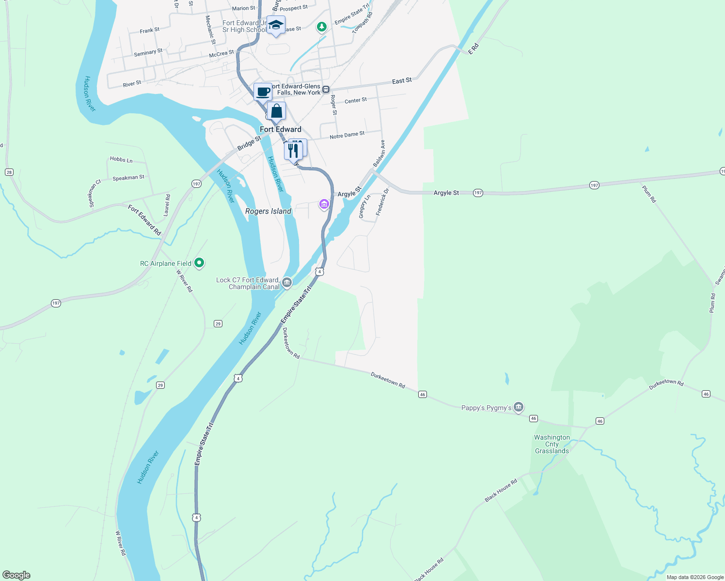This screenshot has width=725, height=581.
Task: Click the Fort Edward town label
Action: click(x=281, y=129)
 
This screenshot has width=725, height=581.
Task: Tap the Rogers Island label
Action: click(x=268, y=211)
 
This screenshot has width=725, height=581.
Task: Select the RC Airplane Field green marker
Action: click(x=199, y=263)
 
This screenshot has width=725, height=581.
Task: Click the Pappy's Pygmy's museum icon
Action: click(x=519, y=407)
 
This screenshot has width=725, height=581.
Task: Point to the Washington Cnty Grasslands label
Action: click(x=552, y=444)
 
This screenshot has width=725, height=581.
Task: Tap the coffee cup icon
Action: click(x=263, y=91)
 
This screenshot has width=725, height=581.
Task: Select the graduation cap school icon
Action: click(x=276, y=25)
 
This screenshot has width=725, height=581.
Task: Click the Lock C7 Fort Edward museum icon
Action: click(x=287, y=282)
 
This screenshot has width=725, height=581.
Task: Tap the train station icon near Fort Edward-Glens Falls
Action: click(x=326, y=89)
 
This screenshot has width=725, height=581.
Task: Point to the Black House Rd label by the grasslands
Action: click(x=501, y=490)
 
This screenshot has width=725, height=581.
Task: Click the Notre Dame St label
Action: click(x=347, y=135)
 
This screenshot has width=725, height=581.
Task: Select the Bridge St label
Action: click(x=249, y=143)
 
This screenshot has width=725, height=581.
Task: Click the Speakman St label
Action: click(x=128, y=178)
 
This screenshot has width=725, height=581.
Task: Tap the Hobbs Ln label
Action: click(x=121, y=159)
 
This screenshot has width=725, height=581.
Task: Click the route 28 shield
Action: click(x=9, y=172)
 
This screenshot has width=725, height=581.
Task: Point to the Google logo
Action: click(x=16, y=575)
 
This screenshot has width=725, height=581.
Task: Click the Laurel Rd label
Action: click(x=168, y=205)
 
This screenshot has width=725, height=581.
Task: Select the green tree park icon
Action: click(x=321, y=26)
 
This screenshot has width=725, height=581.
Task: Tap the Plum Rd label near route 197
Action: click(x=649, y=194)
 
